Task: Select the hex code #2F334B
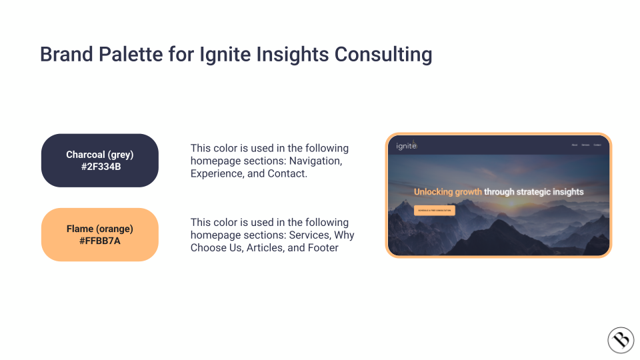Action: (x=100, y=167)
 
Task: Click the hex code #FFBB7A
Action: (x=100, y=241)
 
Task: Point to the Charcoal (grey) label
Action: (x=100, y=155)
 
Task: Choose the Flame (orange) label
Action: (x=100, y=229)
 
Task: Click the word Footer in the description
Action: (x=324, y=247)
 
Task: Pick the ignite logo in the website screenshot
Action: (x=406, y=145)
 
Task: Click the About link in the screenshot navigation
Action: (x=575, y=145)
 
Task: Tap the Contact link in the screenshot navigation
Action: (x=597, y=145)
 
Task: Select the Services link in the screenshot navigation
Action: (x=585, y=145)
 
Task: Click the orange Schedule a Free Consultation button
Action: (x=435, y=210)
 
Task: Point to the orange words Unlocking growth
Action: (x=447, y=192)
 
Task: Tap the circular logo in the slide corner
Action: (x=621, y=340)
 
